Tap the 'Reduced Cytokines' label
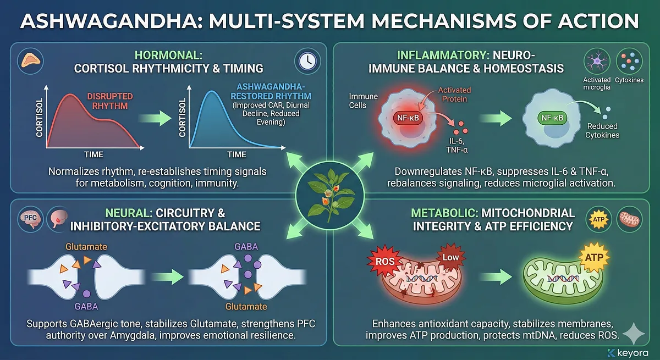tap(603, 131)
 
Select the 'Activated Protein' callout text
tap(454, 95)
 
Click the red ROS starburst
tap(385, 261)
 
